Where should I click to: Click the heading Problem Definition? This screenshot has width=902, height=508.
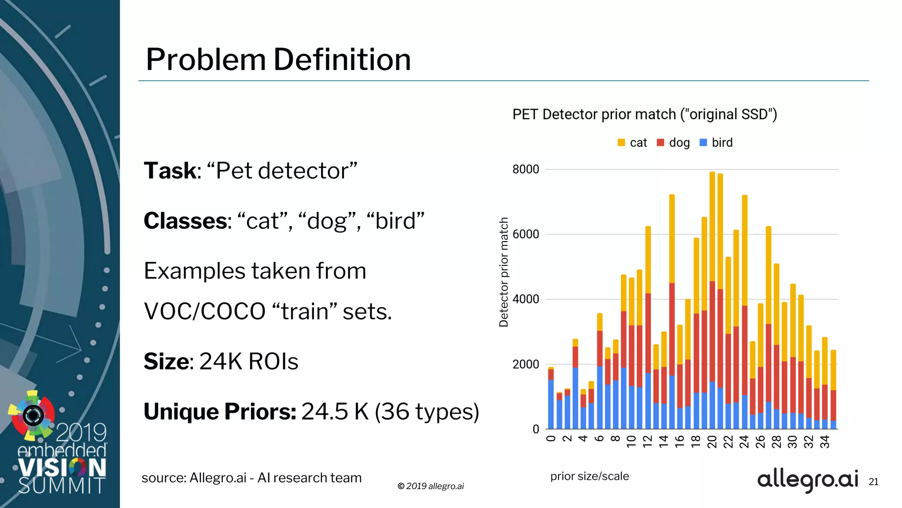coord(278,60)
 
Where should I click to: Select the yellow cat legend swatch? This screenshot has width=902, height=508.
coord(621,142)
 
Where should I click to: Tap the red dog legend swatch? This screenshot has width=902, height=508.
coord(660,142)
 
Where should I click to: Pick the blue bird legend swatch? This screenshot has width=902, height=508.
coord(703,142)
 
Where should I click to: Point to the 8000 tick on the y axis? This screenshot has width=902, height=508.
coord(525,169)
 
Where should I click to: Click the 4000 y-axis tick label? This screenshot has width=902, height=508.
coord(525,299)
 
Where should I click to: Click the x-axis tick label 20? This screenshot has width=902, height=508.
coord(712,441)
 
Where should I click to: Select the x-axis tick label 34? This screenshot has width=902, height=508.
coord(824,441)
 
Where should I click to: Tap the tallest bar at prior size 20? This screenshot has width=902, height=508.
coord(712,300)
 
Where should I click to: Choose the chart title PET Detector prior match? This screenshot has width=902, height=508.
coord(644,114)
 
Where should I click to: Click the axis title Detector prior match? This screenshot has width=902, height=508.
coord(503,272)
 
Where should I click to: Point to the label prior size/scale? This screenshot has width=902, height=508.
coord(589,476)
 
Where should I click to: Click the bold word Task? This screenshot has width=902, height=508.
coord(170,171)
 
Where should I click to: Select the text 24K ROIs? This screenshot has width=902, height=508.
coord(249,362)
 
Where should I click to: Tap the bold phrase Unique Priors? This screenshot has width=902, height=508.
coord(220,411)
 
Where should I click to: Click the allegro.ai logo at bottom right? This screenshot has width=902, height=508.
coord(807,479)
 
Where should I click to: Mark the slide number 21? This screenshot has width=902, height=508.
coord(873,482)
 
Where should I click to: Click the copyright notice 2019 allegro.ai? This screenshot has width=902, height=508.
coord(431,486)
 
